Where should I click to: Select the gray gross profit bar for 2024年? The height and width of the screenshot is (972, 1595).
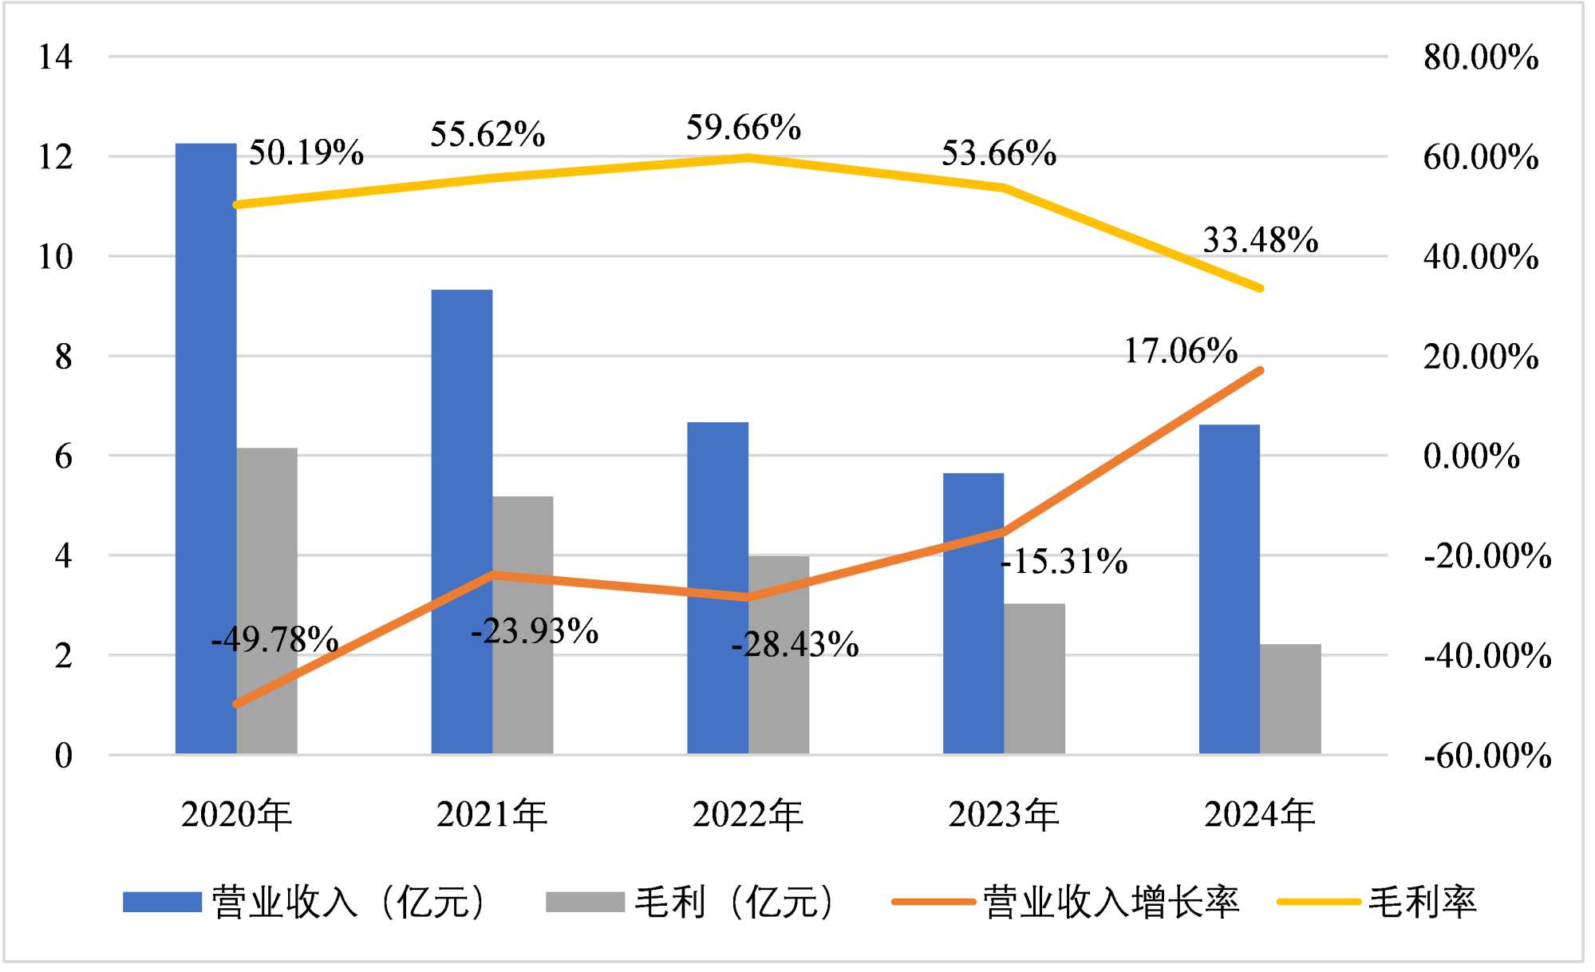pyautogui.click(x=1290, y=699)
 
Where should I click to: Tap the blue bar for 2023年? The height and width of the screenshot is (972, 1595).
pyautogui.click(x=973, y=614)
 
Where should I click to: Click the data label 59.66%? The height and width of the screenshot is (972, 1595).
pyautogui.click(x=744, y=128)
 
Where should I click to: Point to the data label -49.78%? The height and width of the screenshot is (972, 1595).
pyautogui.click(x=274, y=639)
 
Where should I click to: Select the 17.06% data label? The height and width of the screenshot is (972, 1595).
pyautogui.click(x=1181, y=350)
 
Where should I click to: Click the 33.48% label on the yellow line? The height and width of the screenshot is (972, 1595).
pyautogui.click(x=1260, y=239)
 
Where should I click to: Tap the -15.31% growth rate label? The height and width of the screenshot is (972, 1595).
pyautogui.click(x=1064, y=562)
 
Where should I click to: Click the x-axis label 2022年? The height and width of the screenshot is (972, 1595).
pyautogui.click(x=748, y=815)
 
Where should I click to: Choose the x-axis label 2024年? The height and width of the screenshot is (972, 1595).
pyautogui.click(x=1259, y=815)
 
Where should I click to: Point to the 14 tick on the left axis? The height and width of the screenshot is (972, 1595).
pyautogui.click(x=55, y=57)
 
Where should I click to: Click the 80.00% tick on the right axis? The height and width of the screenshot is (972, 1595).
pyautogui.click(x=1481, y=57)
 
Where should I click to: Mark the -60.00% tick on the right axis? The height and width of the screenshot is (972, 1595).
pyautogui.click(x=1487, y=755)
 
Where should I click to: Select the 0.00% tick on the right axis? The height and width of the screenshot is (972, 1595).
pyautogui.click(x=1471, y=456)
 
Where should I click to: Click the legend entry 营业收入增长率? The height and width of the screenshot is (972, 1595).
pyautogui.click(x=1110, y=903)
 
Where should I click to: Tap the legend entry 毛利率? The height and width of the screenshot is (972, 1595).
pyautogui.click(x=1422, y=903)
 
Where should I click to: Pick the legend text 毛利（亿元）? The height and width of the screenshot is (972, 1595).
pyautogui.click(x=735, y=903)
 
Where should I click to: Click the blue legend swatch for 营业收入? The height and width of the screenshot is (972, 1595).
pyautogui.click(x=162, y=903)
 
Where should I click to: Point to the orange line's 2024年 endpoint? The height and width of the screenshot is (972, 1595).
pyautogui.click(x=1260, y=370)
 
